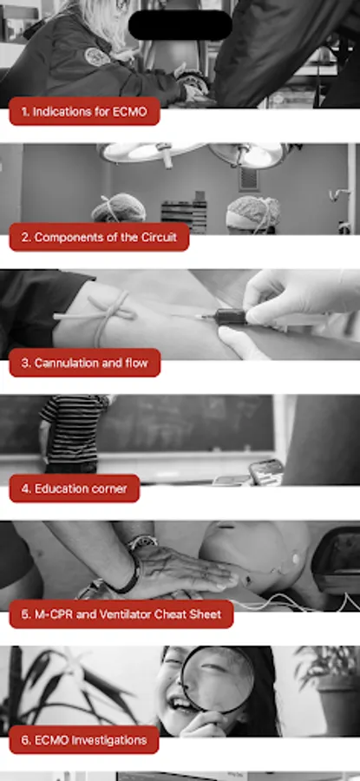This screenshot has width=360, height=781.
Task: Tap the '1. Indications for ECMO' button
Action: [x=85, y=112]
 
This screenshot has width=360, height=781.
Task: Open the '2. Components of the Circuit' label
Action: [x=99, y=237]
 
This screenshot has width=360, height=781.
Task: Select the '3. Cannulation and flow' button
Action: [x=85, y=363]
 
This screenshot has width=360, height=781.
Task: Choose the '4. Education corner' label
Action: [x=75, y=489]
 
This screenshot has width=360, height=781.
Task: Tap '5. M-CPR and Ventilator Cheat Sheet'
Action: [x=121, y=614]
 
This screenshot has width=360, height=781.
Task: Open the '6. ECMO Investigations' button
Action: [x=84, y=739]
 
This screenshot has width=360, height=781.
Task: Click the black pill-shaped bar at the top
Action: [x=180, y=25]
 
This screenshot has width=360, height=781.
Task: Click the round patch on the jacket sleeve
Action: [x=96, y=56]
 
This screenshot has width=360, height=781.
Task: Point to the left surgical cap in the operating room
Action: [x=119, y=208]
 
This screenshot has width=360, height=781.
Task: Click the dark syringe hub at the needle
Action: [x=230, y=317]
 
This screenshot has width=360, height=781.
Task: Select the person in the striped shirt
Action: [x=73, y=433]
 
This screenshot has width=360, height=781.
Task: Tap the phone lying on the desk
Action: [x=266, y=472]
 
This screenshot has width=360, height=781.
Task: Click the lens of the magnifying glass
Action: [x=217, y=678]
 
